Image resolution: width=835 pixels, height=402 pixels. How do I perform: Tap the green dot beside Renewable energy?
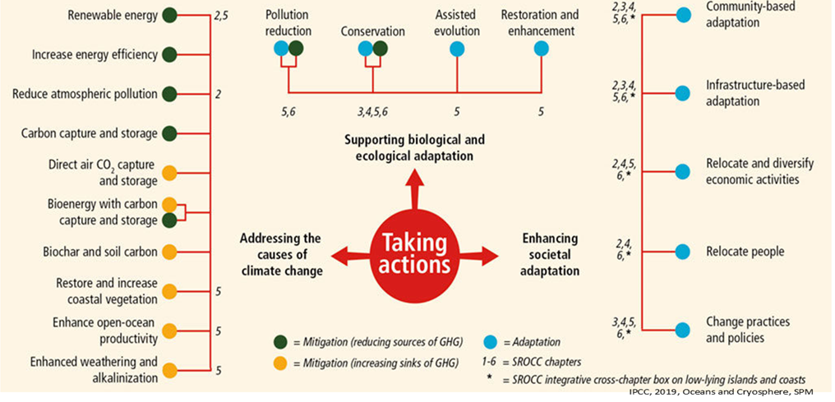(170, 16)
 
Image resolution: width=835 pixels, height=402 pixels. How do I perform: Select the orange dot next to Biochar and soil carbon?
(170, 252)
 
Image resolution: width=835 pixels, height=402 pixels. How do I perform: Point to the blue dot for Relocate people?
(682, 251)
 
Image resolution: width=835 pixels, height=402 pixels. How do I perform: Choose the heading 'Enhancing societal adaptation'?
(550, 253)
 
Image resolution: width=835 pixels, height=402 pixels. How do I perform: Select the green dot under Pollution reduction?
(296, 49)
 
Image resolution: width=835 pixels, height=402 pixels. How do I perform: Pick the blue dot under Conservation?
(366, 49)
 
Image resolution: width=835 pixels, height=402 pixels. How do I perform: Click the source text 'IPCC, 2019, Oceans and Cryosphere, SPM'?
(729, 393)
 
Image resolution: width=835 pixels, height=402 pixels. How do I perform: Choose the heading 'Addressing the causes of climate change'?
(280, 253)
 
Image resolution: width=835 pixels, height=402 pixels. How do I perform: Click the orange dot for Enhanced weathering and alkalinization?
(170, 370)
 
